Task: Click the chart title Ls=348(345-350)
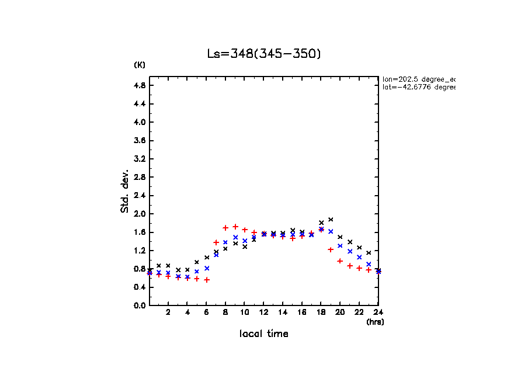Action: coord(264,54)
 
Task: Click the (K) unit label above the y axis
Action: coord(140,65)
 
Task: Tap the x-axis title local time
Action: coord(264,334)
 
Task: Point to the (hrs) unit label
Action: coord(375,322)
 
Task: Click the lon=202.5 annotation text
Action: coord(418,78)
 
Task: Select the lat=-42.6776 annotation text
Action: coord(418,87)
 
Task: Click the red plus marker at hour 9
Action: coord(235,227)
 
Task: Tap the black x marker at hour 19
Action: coord(331,220)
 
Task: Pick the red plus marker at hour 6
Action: coord(207,280)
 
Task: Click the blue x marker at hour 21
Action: coord(350,251)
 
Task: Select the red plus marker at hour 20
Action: coord(340,261)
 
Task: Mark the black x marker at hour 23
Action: coord(369,252)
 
